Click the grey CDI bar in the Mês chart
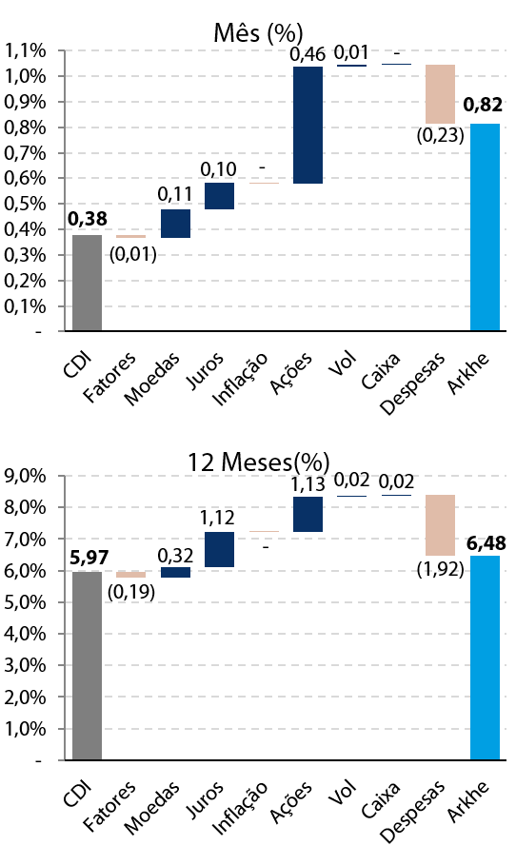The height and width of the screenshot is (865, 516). click(x=88, y=283)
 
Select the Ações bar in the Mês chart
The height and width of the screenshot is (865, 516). click(x=308, y=126)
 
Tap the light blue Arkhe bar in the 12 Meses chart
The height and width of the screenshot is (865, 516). click(x=486, y=658)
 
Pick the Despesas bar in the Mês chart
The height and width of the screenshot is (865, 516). click(x=441, y=94)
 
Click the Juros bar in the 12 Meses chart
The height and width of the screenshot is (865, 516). click(x=220, y=549)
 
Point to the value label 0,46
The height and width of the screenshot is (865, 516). click(x=308, y=54)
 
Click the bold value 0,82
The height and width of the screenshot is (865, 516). click(x=483, y=105)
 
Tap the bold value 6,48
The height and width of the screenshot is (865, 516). click(x=486, y=543)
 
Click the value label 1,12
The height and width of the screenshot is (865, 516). click(x=217, y=518)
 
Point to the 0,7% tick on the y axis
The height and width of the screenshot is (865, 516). click(x=25, y=153)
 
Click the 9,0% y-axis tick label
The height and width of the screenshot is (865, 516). click(x=25, y=476)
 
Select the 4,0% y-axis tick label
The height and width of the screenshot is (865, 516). click(x=25, y=634)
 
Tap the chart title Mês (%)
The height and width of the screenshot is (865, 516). click(x=258, y=33)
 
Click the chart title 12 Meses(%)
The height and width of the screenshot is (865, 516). click(x=258, y=462)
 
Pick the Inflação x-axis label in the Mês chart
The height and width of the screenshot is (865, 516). click(x=241, y=379)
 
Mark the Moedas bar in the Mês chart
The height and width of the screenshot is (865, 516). click(x=175, y=224)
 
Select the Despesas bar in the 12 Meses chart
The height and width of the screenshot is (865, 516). click(x=441, y=525)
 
